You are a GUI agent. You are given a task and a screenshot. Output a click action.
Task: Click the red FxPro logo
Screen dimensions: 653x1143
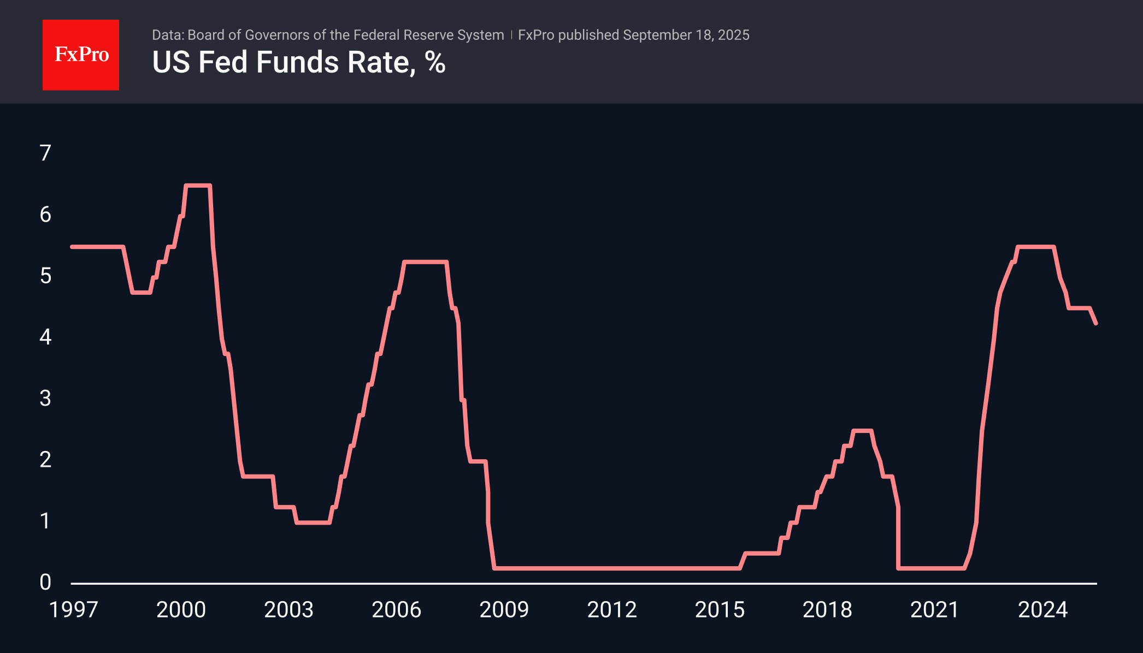pyautogui.click(x=81, y=55)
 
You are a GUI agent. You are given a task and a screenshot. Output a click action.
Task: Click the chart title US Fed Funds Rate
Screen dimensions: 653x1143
pyautogui.click(x=284, y=62)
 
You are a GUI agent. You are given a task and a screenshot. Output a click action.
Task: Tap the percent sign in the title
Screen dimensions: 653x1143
pyautogui.click(x=435, y=62)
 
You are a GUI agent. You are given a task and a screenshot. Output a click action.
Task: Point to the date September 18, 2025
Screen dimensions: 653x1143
pyautogui.click(x=686, y=35)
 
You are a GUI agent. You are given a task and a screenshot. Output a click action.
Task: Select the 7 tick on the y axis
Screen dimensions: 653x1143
pyautogui.click(x=45, y=153)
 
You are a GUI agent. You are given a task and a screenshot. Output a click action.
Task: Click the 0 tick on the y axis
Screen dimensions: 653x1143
pyautogui.click(x=45, y=582)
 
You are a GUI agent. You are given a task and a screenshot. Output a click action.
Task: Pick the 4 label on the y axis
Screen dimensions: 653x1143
pyautogui.click(x=45, y=337)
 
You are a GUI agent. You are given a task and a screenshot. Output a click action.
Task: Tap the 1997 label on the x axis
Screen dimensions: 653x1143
pyautogui.click(x=73, y=610)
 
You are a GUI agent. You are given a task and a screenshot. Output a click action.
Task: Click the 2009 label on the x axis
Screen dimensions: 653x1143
pyautogui.click(x=504, y=610)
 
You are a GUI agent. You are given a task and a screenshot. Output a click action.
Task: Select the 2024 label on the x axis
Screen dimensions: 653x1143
pyautogui.click(x=1042, y=610)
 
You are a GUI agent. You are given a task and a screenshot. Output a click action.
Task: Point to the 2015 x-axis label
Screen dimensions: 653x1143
pyautogui.click(x=719, y=610)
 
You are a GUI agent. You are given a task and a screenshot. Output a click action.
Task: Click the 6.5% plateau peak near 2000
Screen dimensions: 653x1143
pyautogui.click(x=198, y=186)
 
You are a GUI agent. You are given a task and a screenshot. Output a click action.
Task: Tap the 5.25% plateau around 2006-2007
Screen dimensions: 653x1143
pyautogui.click(x=426, y=262)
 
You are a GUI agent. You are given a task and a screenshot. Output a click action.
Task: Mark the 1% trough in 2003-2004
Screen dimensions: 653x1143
pyautogui.click(x=313, y=523)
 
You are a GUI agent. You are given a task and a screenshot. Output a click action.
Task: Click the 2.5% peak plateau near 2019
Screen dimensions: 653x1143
pyautogui.click(x=862, y=431)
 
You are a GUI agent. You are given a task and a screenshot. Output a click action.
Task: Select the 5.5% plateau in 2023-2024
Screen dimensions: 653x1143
pyautogui.click(x=1035, y=247)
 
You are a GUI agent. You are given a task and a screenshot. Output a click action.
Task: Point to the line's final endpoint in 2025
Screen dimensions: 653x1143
pyautogui.click(x=1095, y=323)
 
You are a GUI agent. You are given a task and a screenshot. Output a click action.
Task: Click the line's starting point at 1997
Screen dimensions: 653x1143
pyautogui.click(x=73, y=247)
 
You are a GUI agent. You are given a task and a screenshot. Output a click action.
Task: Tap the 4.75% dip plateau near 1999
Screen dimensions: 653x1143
pyautogui.click(x=141, y=293)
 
